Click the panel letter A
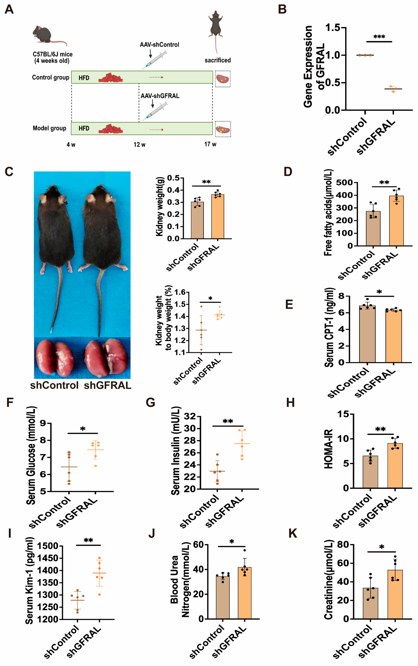click(9, 9)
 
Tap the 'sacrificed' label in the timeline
click(218, 60)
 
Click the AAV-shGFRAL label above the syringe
click(160, 96)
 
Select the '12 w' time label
click(139, 145)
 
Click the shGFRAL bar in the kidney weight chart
click(218, 216)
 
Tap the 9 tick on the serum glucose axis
click(43, 423)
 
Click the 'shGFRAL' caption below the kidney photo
click(107, 385)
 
